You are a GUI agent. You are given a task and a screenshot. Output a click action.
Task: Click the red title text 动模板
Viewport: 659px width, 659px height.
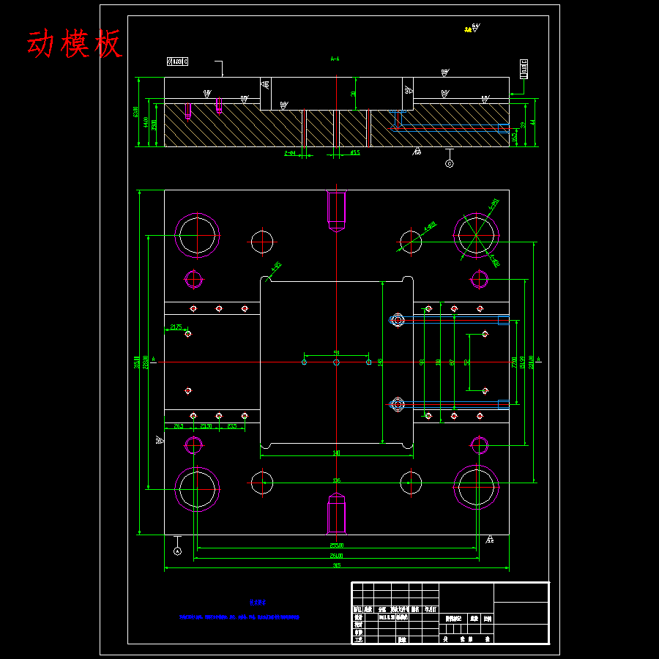pyautogui.click(x=74, y=45)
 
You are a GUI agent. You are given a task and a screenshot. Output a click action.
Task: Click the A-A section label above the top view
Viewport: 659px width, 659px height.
pyautogui.click(x=335, y=59)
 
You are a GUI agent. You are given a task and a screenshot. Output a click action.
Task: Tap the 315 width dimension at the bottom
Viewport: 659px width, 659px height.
pyautogui.click(x=336, y=565)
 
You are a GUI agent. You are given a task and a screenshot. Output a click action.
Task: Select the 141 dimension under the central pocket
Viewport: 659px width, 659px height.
pyautogui.click(x=336, y=453)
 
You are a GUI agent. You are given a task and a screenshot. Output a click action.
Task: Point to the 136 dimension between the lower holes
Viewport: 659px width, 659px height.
pyautogui.click(x=336, y=480)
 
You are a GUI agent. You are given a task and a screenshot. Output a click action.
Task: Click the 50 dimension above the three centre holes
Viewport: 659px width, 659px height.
pyautogui.click(x=336, y=353)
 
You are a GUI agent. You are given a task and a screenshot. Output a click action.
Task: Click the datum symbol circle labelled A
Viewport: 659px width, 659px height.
pyautogui.click(x=177, y=551)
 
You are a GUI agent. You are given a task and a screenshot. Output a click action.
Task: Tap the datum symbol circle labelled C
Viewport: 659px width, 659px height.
pyautogui.click(x=450, y=163)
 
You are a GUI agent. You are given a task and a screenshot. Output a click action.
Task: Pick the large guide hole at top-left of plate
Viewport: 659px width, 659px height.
pyautogui.click(x=197, y=236)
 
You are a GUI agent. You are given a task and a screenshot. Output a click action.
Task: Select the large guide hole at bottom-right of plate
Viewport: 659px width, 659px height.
pyautogui.click(x=476, y=488)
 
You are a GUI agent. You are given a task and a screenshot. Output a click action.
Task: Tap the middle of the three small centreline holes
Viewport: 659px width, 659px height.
pyautogui.click(x=336, y=362)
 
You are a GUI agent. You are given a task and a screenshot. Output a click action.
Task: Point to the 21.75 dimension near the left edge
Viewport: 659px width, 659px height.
pyautogui.click(x=176, y=327)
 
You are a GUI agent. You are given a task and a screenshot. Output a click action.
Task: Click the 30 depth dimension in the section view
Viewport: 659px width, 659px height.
pyautogui.click(x=354, y=93)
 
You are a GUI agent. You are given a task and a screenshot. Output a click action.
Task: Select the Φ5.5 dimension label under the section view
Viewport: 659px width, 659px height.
pyautogui.click(x=354, y=153)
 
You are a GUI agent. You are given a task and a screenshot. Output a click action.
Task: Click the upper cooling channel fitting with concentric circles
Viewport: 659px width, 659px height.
pyautogui.click(x=398, y=320)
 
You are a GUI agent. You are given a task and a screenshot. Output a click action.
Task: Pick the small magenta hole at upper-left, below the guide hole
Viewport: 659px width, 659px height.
pyautogui.click(x=193, y=278)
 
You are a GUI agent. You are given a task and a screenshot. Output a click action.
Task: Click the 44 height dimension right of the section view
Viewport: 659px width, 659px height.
pyautogui.click(x=533, y=122)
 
